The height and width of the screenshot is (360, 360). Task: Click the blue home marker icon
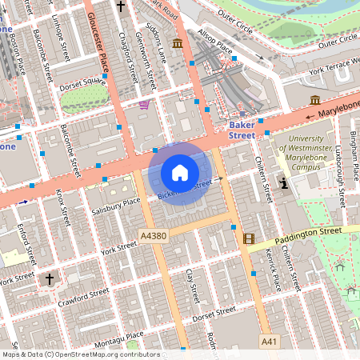click(180, 173)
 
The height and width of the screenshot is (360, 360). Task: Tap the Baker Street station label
click(242, 130)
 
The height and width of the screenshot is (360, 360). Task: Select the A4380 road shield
click(153, 237)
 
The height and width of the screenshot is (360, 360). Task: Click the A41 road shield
click(270, 342)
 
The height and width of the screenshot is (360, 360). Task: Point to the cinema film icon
click(249, 238)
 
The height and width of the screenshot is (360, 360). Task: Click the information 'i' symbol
click(285, 183)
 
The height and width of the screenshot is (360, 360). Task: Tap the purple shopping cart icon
click(144, 104)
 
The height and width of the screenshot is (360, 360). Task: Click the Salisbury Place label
click(115, 206)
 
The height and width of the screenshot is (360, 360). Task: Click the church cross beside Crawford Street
click(50, 279)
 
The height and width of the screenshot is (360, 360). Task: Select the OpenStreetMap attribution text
click(80, 354)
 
